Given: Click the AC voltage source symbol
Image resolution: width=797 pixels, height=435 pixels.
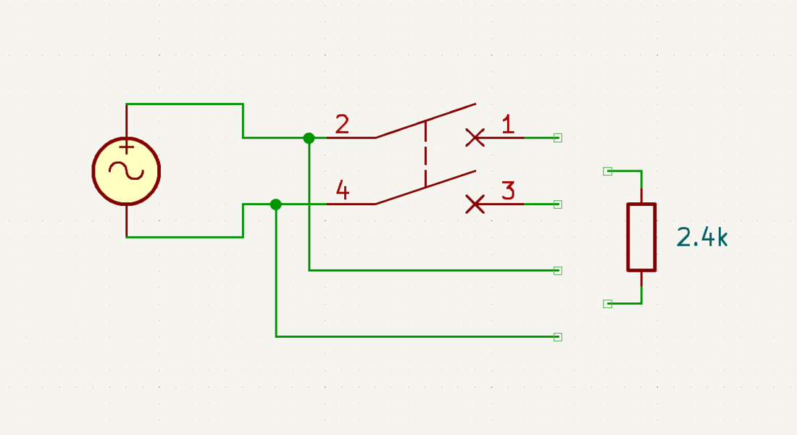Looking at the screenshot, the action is pos(126,171).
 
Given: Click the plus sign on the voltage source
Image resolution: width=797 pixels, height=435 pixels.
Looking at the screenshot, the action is pos(127,148).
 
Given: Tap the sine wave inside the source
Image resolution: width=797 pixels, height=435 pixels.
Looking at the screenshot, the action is pos(127,171).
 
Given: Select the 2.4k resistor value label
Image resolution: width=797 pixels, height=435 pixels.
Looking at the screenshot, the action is pos(702,237).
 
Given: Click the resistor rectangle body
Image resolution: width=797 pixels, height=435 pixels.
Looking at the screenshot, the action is pos(641,237).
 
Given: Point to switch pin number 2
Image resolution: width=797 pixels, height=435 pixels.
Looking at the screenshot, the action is pos(342,124).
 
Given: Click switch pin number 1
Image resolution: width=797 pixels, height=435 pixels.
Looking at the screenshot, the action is pos(508,124).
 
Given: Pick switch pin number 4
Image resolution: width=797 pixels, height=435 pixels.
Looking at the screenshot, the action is pos(342,190).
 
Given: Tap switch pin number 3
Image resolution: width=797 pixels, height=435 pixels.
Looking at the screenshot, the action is pos(509,190).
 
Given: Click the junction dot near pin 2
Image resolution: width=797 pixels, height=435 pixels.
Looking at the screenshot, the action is pos(309,138).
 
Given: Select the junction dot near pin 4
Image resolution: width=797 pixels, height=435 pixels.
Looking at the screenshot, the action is pos(275,204).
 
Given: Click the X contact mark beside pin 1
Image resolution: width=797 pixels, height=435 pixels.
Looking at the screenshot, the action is pos(475,138).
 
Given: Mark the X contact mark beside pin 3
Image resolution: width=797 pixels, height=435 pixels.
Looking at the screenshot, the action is pos(475,204).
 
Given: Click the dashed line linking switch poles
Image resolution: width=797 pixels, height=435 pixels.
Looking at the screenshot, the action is pos(425,154).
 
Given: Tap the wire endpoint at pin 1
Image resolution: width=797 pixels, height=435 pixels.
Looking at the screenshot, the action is pos(558,138).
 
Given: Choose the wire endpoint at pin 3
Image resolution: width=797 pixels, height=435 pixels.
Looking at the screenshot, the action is pos(558,204).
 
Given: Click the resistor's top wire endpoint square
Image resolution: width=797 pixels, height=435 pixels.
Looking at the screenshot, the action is pos(607,171).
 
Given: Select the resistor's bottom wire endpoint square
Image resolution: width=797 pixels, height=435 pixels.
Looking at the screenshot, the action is pos(607,304).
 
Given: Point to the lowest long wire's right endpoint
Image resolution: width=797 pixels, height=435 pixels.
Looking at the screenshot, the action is pos(558,337).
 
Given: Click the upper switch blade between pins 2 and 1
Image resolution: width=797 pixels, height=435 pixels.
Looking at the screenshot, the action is pos(425,121).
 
